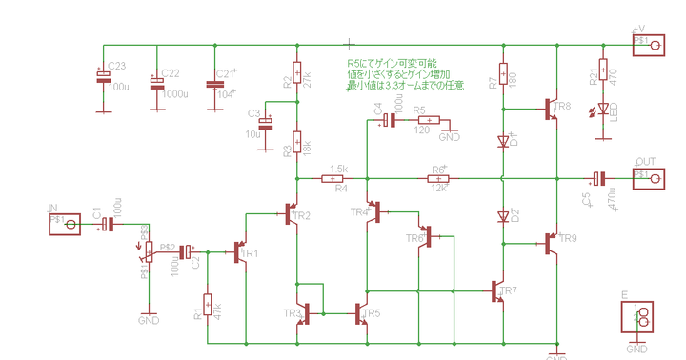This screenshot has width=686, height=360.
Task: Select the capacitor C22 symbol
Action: click(x=157, y=84)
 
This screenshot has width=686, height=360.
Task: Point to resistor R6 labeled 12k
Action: click(x=439, y=178)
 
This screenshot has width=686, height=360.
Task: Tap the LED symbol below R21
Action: click(x=602, y=112)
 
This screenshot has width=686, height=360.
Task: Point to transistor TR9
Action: click(x=553, y=245)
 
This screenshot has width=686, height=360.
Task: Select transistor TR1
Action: click(x=241, y=252)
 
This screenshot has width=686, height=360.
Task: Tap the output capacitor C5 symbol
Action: click(x=597, y=178)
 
